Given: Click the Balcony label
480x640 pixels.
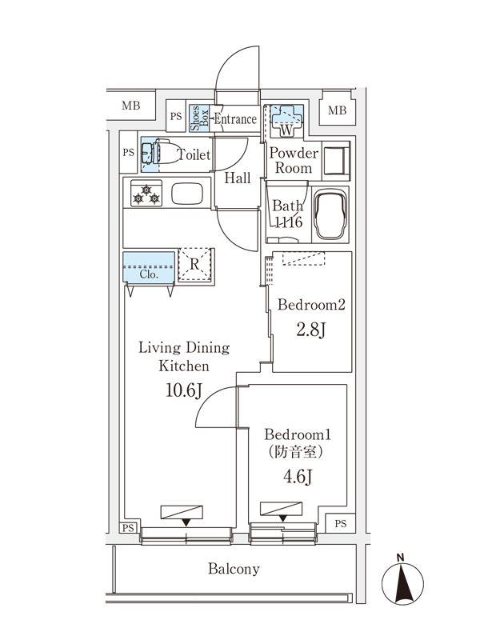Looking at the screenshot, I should point(234,570).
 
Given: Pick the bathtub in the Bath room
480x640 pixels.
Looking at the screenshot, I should point(330,215).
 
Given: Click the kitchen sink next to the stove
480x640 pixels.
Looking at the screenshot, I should point(190,194).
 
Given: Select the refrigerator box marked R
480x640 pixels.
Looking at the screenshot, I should point(195,264).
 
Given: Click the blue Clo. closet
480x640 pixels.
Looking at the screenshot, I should point(149,267).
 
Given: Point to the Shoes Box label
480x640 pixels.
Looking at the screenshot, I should point(198,118).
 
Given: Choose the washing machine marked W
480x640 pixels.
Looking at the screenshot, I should point(284,120).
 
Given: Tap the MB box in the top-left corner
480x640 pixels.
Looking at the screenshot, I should point(130,106).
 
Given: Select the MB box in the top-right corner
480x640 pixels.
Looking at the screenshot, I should point(338,110).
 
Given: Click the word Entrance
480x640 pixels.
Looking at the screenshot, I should point(234,119).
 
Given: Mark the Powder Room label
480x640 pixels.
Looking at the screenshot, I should point(294,161).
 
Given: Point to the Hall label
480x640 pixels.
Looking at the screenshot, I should point(237,178).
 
